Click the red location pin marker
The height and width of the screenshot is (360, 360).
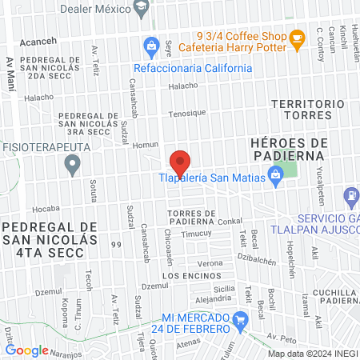tap(180, 162)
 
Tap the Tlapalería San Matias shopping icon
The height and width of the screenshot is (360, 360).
tap(276, 174)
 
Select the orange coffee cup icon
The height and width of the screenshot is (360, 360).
tap(297, 37)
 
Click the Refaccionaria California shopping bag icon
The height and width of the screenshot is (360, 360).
tap(149, 47)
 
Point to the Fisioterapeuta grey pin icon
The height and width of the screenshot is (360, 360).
tap(73, 166)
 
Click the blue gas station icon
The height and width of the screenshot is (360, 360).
tap(350, 194)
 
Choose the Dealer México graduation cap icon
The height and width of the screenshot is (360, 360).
tap(141, 7)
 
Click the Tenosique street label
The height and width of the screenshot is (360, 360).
tap(186, 112)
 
